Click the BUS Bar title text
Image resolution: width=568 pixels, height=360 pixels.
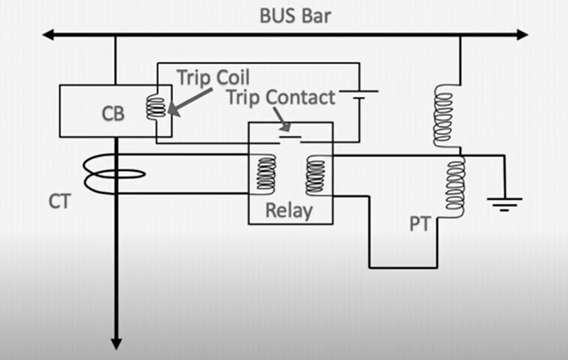pos(295,15)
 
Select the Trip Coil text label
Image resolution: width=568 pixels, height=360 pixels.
pos(213,77)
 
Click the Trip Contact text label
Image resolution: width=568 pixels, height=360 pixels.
pos(281,97)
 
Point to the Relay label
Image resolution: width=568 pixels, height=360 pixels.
pos(290,210)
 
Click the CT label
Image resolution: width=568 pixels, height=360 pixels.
pos(59,202)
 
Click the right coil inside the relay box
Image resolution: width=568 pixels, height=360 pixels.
pos(315,174)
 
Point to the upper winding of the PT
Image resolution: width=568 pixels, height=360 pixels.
pos(444,115)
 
